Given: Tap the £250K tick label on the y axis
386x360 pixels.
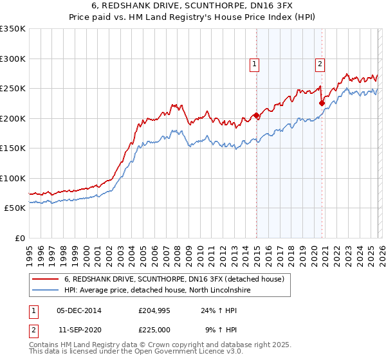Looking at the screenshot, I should [13, 89].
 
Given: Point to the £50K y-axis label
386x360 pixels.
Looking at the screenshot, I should [15, 208].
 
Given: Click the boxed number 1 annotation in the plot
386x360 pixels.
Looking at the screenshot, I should [255, 64].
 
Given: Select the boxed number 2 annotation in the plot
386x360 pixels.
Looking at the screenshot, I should [320, 64].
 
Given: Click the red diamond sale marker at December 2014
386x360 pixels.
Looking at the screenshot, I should [257, 116].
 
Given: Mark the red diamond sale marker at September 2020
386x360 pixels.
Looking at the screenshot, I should [322, 102].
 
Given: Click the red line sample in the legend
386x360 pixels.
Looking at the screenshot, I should [46, 279].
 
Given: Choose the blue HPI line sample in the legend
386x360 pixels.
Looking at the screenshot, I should [46, 291].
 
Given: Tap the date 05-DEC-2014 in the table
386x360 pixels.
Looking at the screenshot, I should [79, 310].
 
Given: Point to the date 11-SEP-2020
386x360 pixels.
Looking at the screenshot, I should [79, 330].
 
